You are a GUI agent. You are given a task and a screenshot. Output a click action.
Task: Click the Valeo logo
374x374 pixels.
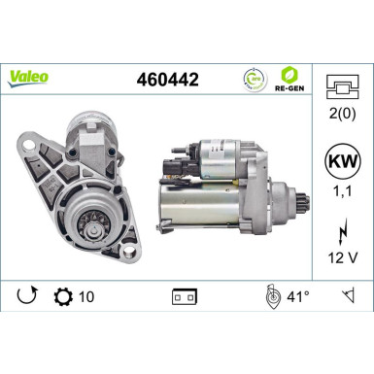[x=30, y=75]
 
